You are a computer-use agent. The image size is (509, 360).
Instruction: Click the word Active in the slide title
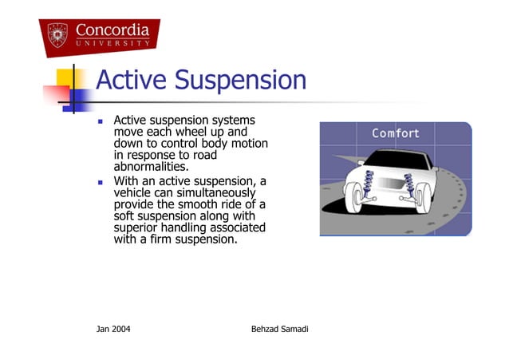coord(131,81)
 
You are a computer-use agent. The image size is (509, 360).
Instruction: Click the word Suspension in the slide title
coord(240,81)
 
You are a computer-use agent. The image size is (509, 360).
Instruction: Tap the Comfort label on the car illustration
coord(395,133)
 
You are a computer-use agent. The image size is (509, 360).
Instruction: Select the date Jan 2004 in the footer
coord(113,329)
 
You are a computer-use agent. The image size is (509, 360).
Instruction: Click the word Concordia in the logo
coord(112,30)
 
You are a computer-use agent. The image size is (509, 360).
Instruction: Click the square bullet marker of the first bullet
coord(101,123)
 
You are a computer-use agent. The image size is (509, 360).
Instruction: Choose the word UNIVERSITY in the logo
coord(112,43)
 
